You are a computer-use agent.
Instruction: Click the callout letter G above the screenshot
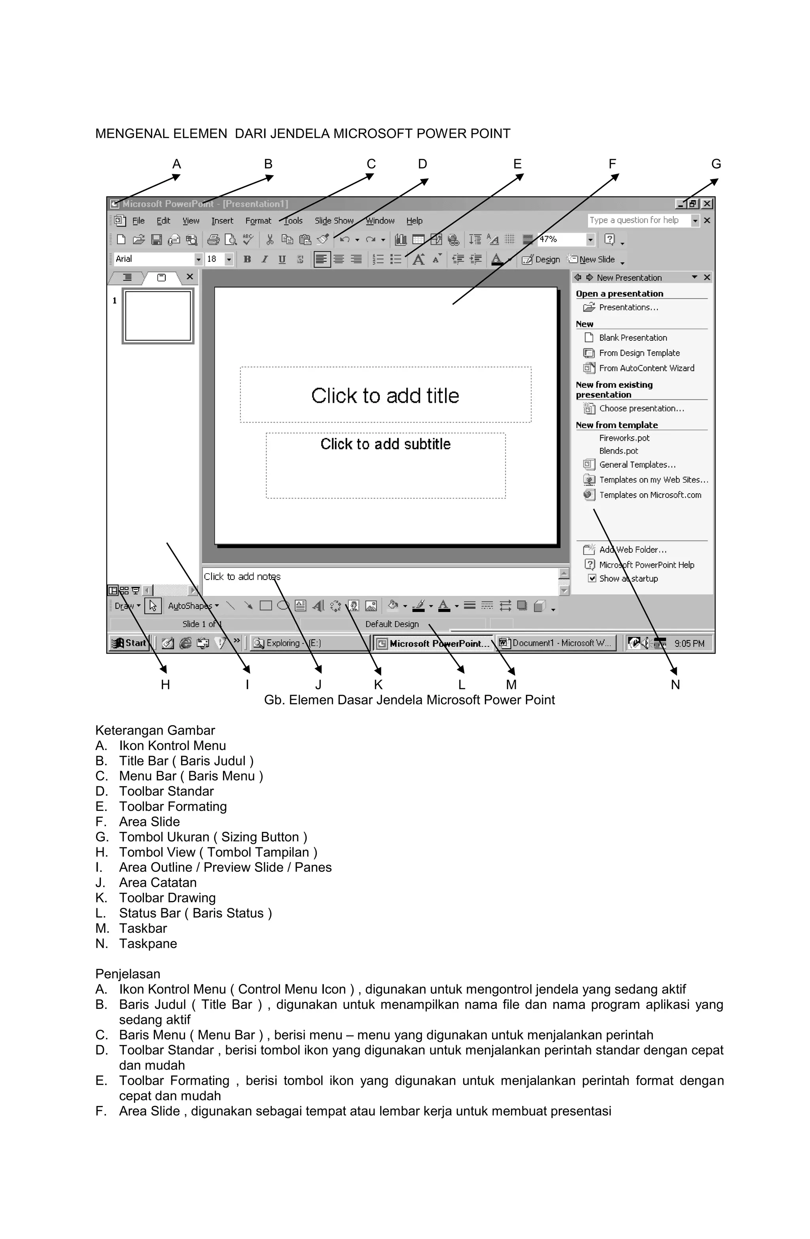click(716, 165)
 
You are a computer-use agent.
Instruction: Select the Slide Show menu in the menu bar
click(334, 221)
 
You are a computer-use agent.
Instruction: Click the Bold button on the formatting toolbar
click(247, 259)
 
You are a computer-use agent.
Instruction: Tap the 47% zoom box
click(562, 239)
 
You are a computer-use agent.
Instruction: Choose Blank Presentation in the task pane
click(632, 338)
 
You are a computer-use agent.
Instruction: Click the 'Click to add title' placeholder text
click(385, 396)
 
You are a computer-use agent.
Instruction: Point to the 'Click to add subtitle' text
click(385, 444)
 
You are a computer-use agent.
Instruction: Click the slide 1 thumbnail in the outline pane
click(158, 316)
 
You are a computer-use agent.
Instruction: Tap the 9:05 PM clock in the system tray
click(689, 644)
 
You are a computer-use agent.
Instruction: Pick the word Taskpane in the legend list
click(148, 944)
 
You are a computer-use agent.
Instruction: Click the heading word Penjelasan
click(127, 974)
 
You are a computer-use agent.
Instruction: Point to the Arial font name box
click(153, 259)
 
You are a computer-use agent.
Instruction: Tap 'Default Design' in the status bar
click(392, 624)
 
